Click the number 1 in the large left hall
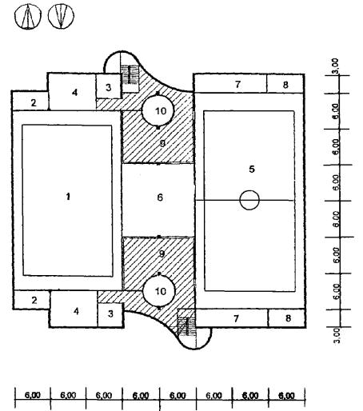pos(68,197)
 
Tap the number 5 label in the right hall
pos(252,169)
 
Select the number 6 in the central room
pos(160,198)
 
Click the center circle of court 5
pos(249,200)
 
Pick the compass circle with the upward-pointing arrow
pos(28,17)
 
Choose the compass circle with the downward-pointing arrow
pos(61,15)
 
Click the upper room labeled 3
pos(108,86)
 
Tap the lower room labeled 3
pos(110,314)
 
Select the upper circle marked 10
pos(158,110)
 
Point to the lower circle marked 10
pos(159,291)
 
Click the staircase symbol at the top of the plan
pos(130,74)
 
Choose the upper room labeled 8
pos(285,84)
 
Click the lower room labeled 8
pos(287,318)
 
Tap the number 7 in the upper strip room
pos(237,84)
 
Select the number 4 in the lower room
pos(77,311)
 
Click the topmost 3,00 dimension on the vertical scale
pos(336,66)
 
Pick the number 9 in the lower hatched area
pos(162,253)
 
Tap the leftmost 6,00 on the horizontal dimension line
pos(33,395)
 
